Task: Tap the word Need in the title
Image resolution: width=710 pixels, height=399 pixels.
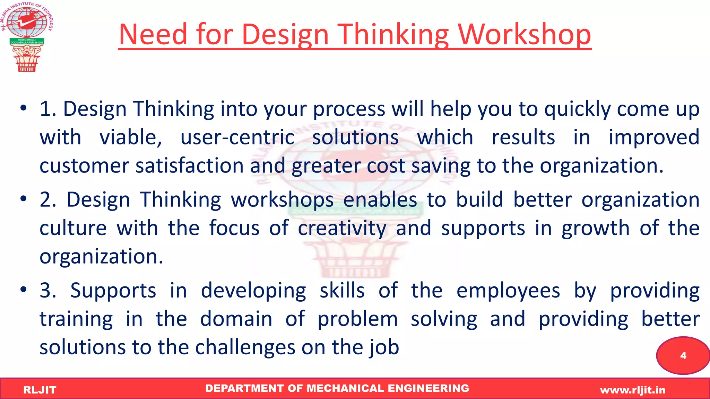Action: tap(153, 35)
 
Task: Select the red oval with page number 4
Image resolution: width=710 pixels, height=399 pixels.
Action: tap(683, 355)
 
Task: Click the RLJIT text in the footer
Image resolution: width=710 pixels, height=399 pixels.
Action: tap(40, 390)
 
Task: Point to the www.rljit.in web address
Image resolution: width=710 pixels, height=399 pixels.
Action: tap(633, 390)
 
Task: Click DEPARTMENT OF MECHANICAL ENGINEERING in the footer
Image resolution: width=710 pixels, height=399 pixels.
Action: tap(337, 388)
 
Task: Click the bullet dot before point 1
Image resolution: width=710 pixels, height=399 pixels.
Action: tap(23, 108)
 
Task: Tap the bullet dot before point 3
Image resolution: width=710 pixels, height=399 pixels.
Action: tap(23, 290)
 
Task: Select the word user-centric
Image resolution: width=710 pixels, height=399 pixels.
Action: tap(237, 138)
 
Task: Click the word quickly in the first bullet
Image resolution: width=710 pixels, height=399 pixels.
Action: tap(577, 109)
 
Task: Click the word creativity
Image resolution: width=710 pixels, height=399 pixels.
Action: tap(342, 229)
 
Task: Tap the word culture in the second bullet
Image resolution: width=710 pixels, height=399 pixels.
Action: tap(73, 229)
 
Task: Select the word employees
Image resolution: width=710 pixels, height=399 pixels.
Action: tap(508, 291)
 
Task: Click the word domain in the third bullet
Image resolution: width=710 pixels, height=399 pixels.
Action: tap(236, 319)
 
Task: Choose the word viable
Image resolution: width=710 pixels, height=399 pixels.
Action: tap(131, 138)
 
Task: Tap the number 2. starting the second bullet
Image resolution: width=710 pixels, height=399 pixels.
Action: tap(48, 200)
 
